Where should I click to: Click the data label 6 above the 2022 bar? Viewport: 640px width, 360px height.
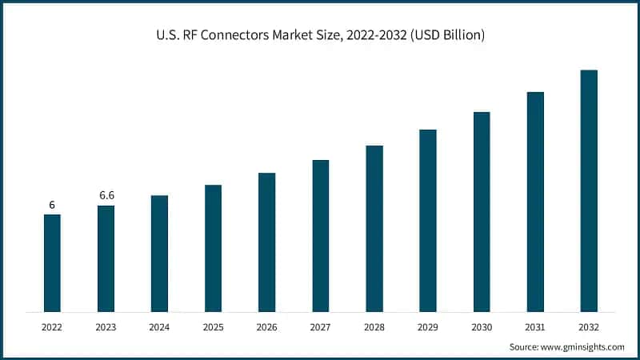point(52,205)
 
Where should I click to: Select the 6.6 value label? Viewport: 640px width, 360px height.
point(106,195)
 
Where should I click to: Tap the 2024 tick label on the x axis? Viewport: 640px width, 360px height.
point(159,326)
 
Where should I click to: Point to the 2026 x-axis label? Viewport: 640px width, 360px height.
point(266,326)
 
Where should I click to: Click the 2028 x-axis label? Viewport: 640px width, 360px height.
point(374,326)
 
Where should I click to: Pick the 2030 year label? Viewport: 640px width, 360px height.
point(482,326)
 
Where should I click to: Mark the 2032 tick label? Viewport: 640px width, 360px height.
point(589,326)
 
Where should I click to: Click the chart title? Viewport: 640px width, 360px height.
point(320,35)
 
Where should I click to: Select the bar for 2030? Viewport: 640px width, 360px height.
point(482,211)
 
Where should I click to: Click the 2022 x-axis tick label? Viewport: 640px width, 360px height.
point(52,326)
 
